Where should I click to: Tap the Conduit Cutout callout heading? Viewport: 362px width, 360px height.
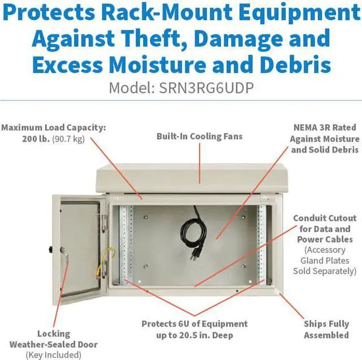pyautogui.click(x=325, y=218)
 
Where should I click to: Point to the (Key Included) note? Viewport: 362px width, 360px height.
pyautogui.click(x=53, y=355)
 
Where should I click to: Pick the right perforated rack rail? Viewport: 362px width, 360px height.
pyautogui.click(x=261, y=243)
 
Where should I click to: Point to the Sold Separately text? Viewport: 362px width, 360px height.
pyautogui.click(x=325, y=271)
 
